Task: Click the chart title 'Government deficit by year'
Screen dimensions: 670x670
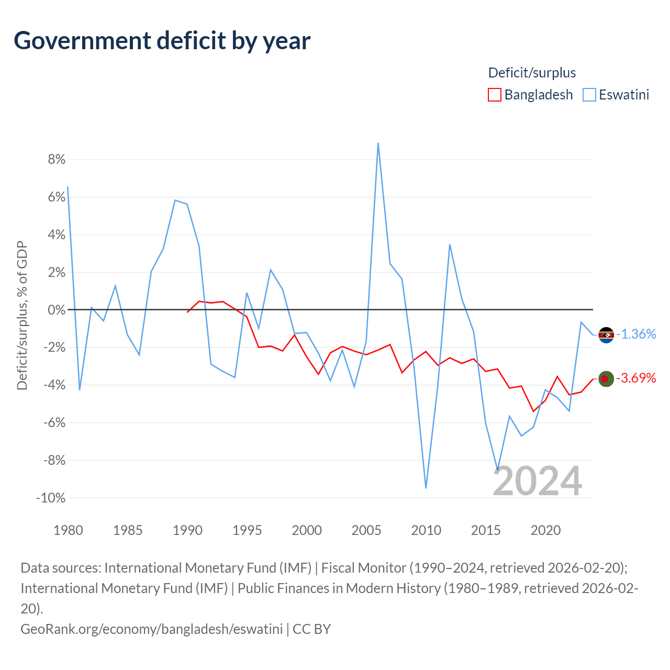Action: coord(162,41)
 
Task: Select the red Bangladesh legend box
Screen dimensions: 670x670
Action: coord(494,95)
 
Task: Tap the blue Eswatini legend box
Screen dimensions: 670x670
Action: coord(589,95)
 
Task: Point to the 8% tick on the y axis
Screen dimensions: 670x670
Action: coord(57,159)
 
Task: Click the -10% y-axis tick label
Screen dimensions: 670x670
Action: coord(51,498)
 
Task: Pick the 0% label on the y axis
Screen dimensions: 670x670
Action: coord(57,310)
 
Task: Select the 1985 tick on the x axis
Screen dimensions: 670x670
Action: coord(128,530)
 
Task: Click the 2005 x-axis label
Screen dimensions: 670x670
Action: coord(366,530)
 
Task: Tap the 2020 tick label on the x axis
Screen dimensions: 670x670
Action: coord(545,530)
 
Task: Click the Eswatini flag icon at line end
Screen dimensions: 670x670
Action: coord(606,335)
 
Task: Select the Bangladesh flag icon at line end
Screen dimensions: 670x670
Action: coord(606,378)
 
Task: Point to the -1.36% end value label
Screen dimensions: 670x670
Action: coord(636,334)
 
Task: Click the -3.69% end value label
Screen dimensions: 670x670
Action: coord(636,378)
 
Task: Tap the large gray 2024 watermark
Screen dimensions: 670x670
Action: coord(537,481)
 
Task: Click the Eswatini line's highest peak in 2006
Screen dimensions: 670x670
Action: coord(378,143)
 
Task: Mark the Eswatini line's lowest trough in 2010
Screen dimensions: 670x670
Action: coord(426,488)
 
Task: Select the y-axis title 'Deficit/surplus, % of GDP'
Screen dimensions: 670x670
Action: coord(22,316)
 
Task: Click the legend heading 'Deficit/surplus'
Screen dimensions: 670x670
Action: coord(532,73)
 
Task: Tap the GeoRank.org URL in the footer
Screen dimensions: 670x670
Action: coord(151,629)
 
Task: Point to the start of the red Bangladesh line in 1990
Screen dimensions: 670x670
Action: coord(187,312)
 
